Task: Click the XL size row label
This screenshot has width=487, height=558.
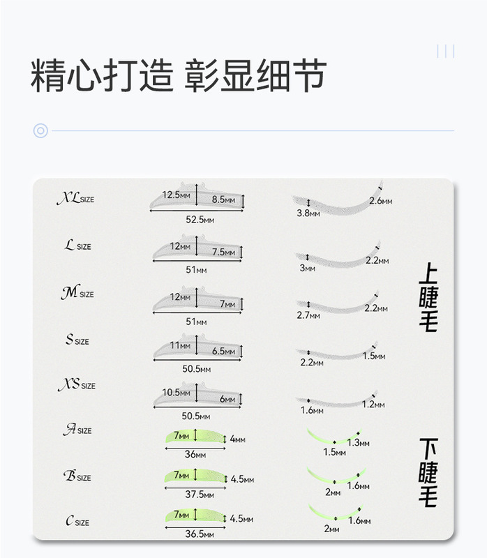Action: click(75, 199)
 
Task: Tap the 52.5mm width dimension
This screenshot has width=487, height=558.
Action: click(200, 220)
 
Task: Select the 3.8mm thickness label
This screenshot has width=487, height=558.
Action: click(308, 213)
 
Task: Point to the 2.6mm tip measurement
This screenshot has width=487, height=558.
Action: click(381, 201)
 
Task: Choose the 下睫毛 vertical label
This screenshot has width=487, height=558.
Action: click(428, 472)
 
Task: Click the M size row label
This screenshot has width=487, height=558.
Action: click(77, 294)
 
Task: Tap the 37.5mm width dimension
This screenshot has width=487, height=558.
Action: click(199, 494)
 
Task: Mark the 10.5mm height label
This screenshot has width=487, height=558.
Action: click(176, 393)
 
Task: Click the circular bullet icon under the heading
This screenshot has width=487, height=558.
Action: click(40, 130)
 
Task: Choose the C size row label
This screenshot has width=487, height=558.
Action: click(77, 522)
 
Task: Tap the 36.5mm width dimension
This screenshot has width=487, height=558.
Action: click(199, 534)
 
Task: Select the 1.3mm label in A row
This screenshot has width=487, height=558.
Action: click(358, 443)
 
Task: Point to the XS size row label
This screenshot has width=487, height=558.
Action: click(75, 385)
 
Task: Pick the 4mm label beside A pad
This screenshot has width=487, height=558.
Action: click(237, 439)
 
